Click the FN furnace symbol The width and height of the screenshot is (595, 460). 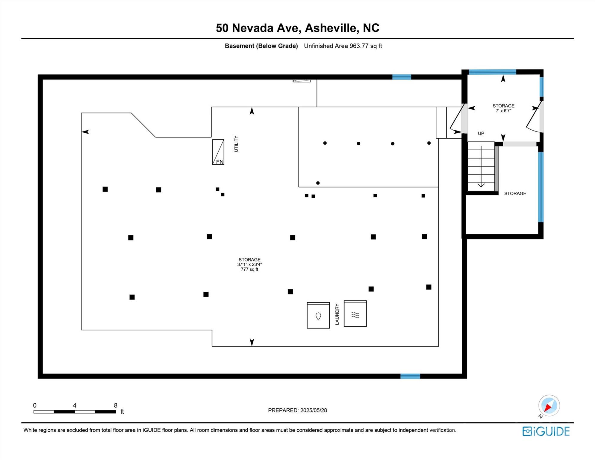pyautogui.click(x=218, y=152)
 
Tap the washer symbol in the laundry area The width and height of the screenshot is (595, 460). pyautogui.click(x=318, y=315)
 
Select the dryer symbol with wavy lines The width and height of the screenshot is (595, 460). pyautogui.click(x=355, y=314)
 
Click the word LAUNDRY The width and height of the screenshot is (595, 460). pyautogui.click(x=337, y=314)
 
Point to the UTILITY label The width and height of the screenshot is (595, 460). pyautogui.click(x=236, y=144)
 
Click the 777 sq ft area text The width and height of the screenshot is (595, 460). pyautogui.click(x=249, y=269)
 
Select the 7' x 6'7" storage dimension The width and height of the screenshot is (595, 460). pyautogui.click(x=503, y=111)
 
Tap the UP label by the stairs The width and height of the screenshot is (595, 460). pyautogui.click(x=481, y=133)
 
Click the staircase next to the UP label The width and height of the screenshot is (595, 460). pyautogui.click(x=481, y=166)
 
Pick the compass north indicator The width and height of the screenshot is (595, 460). pyautogui.click(x=549, y=406)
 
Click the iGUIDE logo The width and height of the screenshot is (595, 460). pyautogui.click(x=546, y=431)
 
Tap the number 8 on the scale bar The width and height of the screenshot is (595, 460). pyautogui.click(x=116, y=405)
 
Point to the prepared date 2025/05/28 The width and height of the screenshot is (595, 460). pyautogui.click(x=314, y=410)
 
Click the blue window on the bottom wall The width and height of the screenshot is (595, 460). pyautogui.click(x=410, y=376)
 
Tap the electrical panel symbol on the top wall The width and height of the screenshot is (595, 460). pyautogui.click(x=302, y=81)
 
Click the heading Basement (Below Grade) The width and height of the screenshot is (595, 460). pyautogui.click(x=261, y=46)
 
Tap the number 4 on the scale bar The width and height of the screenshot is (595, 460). pyautogui.click(x=75, y=405)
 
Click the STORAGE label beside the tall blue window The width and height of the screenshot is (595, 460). pyautogui.click(x=515, y=193)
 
